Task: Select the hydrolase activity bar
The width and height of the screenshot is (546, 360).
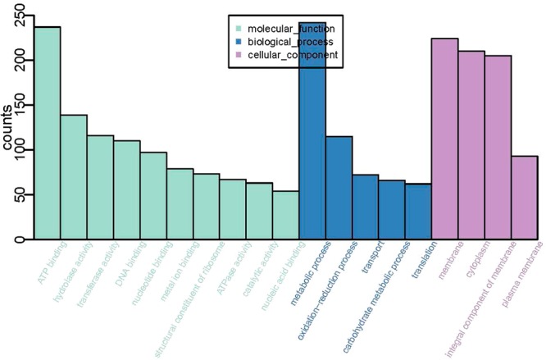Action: [74, 177]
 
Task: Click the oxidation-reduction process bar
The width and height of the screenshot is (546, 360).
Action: [339, 189]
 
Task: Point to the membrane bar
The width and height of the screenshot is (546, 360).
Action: [445, 139]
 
